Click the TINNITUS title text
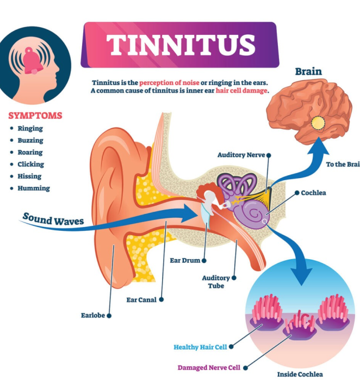pos(180,44)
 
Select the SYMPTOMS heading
pos(35,115)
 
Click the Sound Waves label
pos(53,219)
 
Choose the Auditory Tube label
pos(216,281)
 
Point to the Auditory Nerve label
pos(241,155)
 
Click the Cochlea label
pos(314,193)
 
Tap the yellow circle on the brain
pos(317,123)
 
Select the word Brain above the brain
pos(308,71)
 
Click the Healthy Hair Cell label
pos(200,347)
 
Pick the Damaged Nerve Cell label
pos(209,367)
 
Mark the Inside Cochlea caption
pos(300,374)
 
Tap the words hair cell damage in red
pos(242,90)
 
